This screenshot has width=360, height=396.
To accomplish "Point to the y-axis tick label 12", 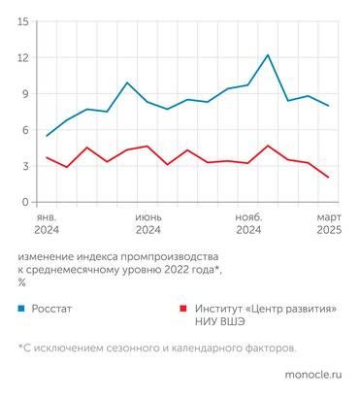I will (x=22, y=57).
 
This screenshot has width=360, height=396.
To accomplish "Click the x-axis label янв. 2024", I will (x=47, y=223).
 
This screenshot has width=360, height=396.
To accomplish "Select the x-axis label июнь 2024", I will (x=147, y=223).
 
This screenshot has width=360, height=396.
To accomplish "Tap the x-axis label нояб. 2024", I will (x=248, y=223).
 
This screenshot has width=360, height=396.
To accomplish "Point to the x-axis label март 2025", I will (x=328, y=223).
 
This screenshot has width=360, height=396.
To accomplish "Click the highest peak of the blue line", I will (x=268, y=55).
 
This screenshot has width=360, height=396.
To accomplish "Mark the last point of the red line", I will (x=328, y=178).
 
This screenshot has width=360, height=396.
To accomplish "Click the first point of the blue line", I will (x=47, y=136).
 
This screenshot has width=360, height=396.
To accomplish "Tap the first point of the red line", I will (x=47, y=157).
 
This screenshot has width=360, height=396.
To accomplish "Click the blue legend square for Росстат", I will (x=21, y=309).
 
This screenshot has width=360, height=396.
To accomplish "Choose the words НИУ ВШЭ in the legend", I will (x=221, y=323).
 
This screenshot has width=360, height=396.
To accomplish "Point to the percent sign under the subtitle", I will (x=21, y=282).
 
